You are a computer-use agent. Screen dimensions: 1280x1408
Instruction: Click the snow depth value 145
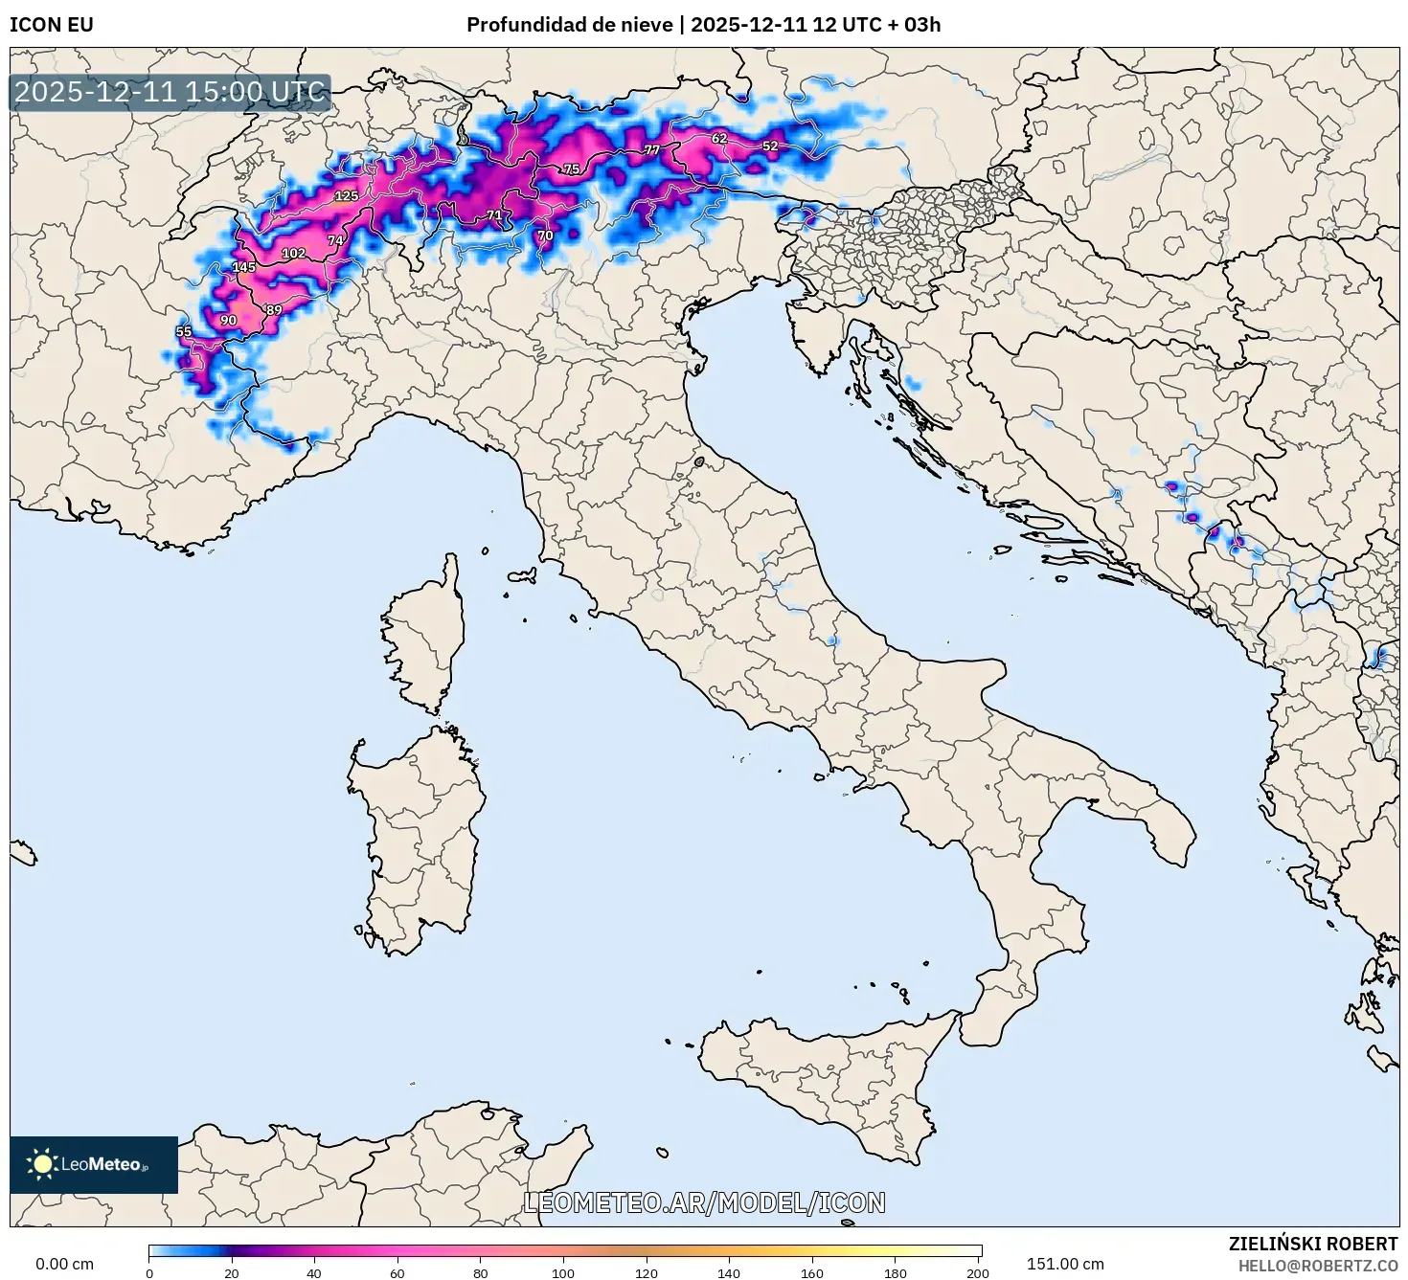coord(244,267)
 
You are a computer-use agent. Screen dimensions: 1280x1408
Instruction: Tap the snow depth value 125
coord(346,196)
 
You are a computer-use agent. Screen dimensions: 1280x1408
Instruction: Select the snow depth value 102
coord(293,254)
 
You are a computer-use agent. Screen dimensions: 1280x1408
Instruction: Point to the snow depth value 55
coord(184,331)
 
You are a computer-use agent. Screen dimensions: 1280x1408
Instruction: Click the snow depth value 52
coord(770,146)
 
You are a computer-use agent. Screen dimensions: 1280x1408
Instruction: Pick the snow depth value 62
coord(719,139)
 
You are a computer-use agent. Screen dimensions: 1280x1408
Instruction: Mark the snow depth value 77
coord(651,150)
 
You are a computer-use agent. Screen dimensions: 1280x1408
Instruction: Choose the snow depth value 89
coord(275,310)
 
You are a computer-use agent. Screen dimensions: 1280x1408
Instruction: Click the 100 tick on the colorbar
coord(563,1272)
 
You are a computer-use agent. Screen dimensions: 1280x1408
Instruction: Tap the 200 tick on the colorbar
coord(978,1272)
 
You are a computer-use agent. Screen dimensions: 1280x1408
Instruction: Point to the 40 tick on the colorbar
coord(314,1272)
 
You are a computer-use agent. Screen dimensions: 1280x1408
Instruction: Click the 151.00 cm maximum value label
coord(1065,1264)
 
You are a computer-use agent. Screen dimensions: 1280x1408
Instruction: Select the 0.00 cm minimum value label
coord(65,1264)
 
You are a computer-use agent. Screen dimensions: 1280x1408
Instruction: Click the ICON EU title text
coord(52,25)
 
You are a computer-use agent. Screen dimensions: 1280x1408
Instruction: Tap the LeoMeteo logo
coord(94,1164)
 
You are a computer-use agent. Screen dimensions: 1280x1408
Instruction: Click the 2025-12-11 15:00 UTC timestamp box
coord(170,93)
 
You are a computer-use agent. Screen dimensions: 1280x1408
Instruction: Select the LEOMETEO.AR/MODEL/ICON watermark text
coord(704,1202)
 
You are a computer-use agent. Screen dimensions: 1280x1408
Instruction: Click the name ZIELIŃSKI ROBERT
coord(1313,1244)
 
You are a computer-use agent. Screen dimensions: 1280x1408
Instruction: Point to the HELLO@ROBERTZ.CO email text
coord(1318,1266)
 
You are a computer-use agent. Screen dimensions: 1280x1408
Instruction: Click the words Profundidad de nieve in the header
coord(569,25)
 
